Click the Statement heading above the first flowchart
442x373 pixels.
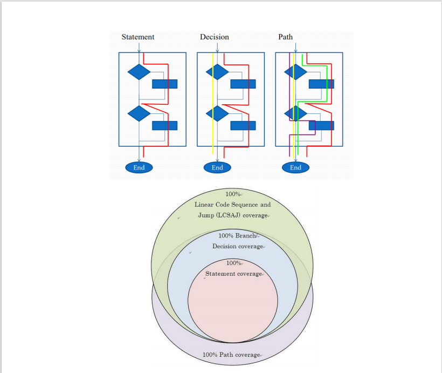(138, 37)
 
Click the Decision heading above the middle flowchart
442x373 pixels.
(215, 37)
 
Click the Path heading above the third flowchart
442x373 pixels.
(286, 37)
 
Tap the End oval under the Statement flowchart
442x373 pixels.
(139, 167)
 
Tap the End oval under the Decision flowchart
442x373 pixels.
(217, 167)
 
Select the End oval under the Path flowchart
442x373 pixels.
(295, 167)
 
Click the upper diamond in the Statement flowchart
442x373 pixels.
(139, 71)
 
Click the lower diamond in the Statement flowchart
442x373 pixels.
(139, 113)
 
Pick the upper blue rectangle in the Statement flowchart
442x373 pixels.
(164, 84)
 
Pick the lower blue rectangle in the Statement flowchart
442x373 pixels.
(164, 125)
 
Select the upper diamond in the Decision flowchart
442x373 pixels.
(217, 71)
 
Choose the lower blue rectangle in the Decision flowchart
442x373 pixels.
(243, 125)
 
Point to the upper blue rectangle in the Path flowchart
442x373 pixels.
(321, 84)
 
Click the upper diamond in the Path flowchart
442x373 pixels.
(295, 71)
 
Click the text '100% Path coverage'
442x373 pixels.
(231, 355)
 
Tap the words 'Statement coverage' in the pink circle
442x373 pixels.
(233, 274)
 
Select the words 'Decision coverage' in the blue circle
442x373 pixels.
(238, 246)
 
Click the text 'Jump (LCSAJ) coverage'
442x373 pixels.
(232, 215)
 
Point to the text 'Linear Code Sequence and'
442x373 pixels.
(233, 205)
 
